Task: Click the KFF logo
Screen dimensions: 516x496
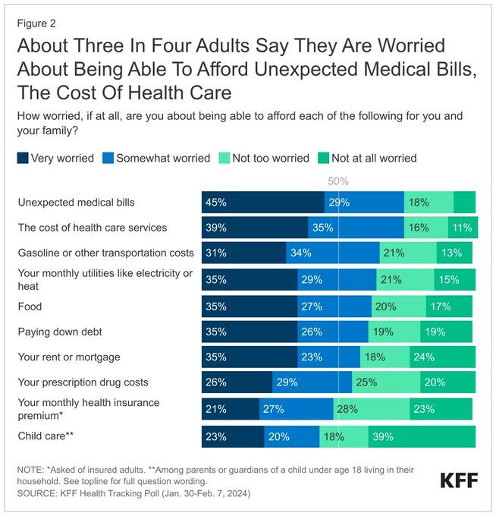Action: (460, 480)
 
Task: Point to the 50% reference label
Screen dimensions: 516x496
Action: (338, 181)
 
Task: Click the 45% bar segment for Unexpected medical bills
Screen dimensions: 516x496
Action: (262, 203)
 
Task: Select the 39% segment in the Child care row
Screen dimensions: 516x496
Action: (422, 436)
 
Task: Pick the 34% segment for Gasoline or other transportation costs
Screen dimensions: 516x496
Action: (332, 253)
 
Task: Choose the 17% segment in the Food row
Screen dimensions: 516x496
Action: (448, 307)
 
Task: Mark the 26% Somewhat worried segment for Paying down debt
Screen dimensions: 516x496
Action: (332, 332)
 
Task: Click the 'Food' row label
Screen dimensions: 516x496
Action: (30, 307)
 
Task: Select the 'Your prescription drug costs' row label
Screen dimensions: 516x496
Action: (83, 382)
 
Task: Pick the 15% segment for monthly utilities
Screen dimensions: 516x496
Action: (454, 280)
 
